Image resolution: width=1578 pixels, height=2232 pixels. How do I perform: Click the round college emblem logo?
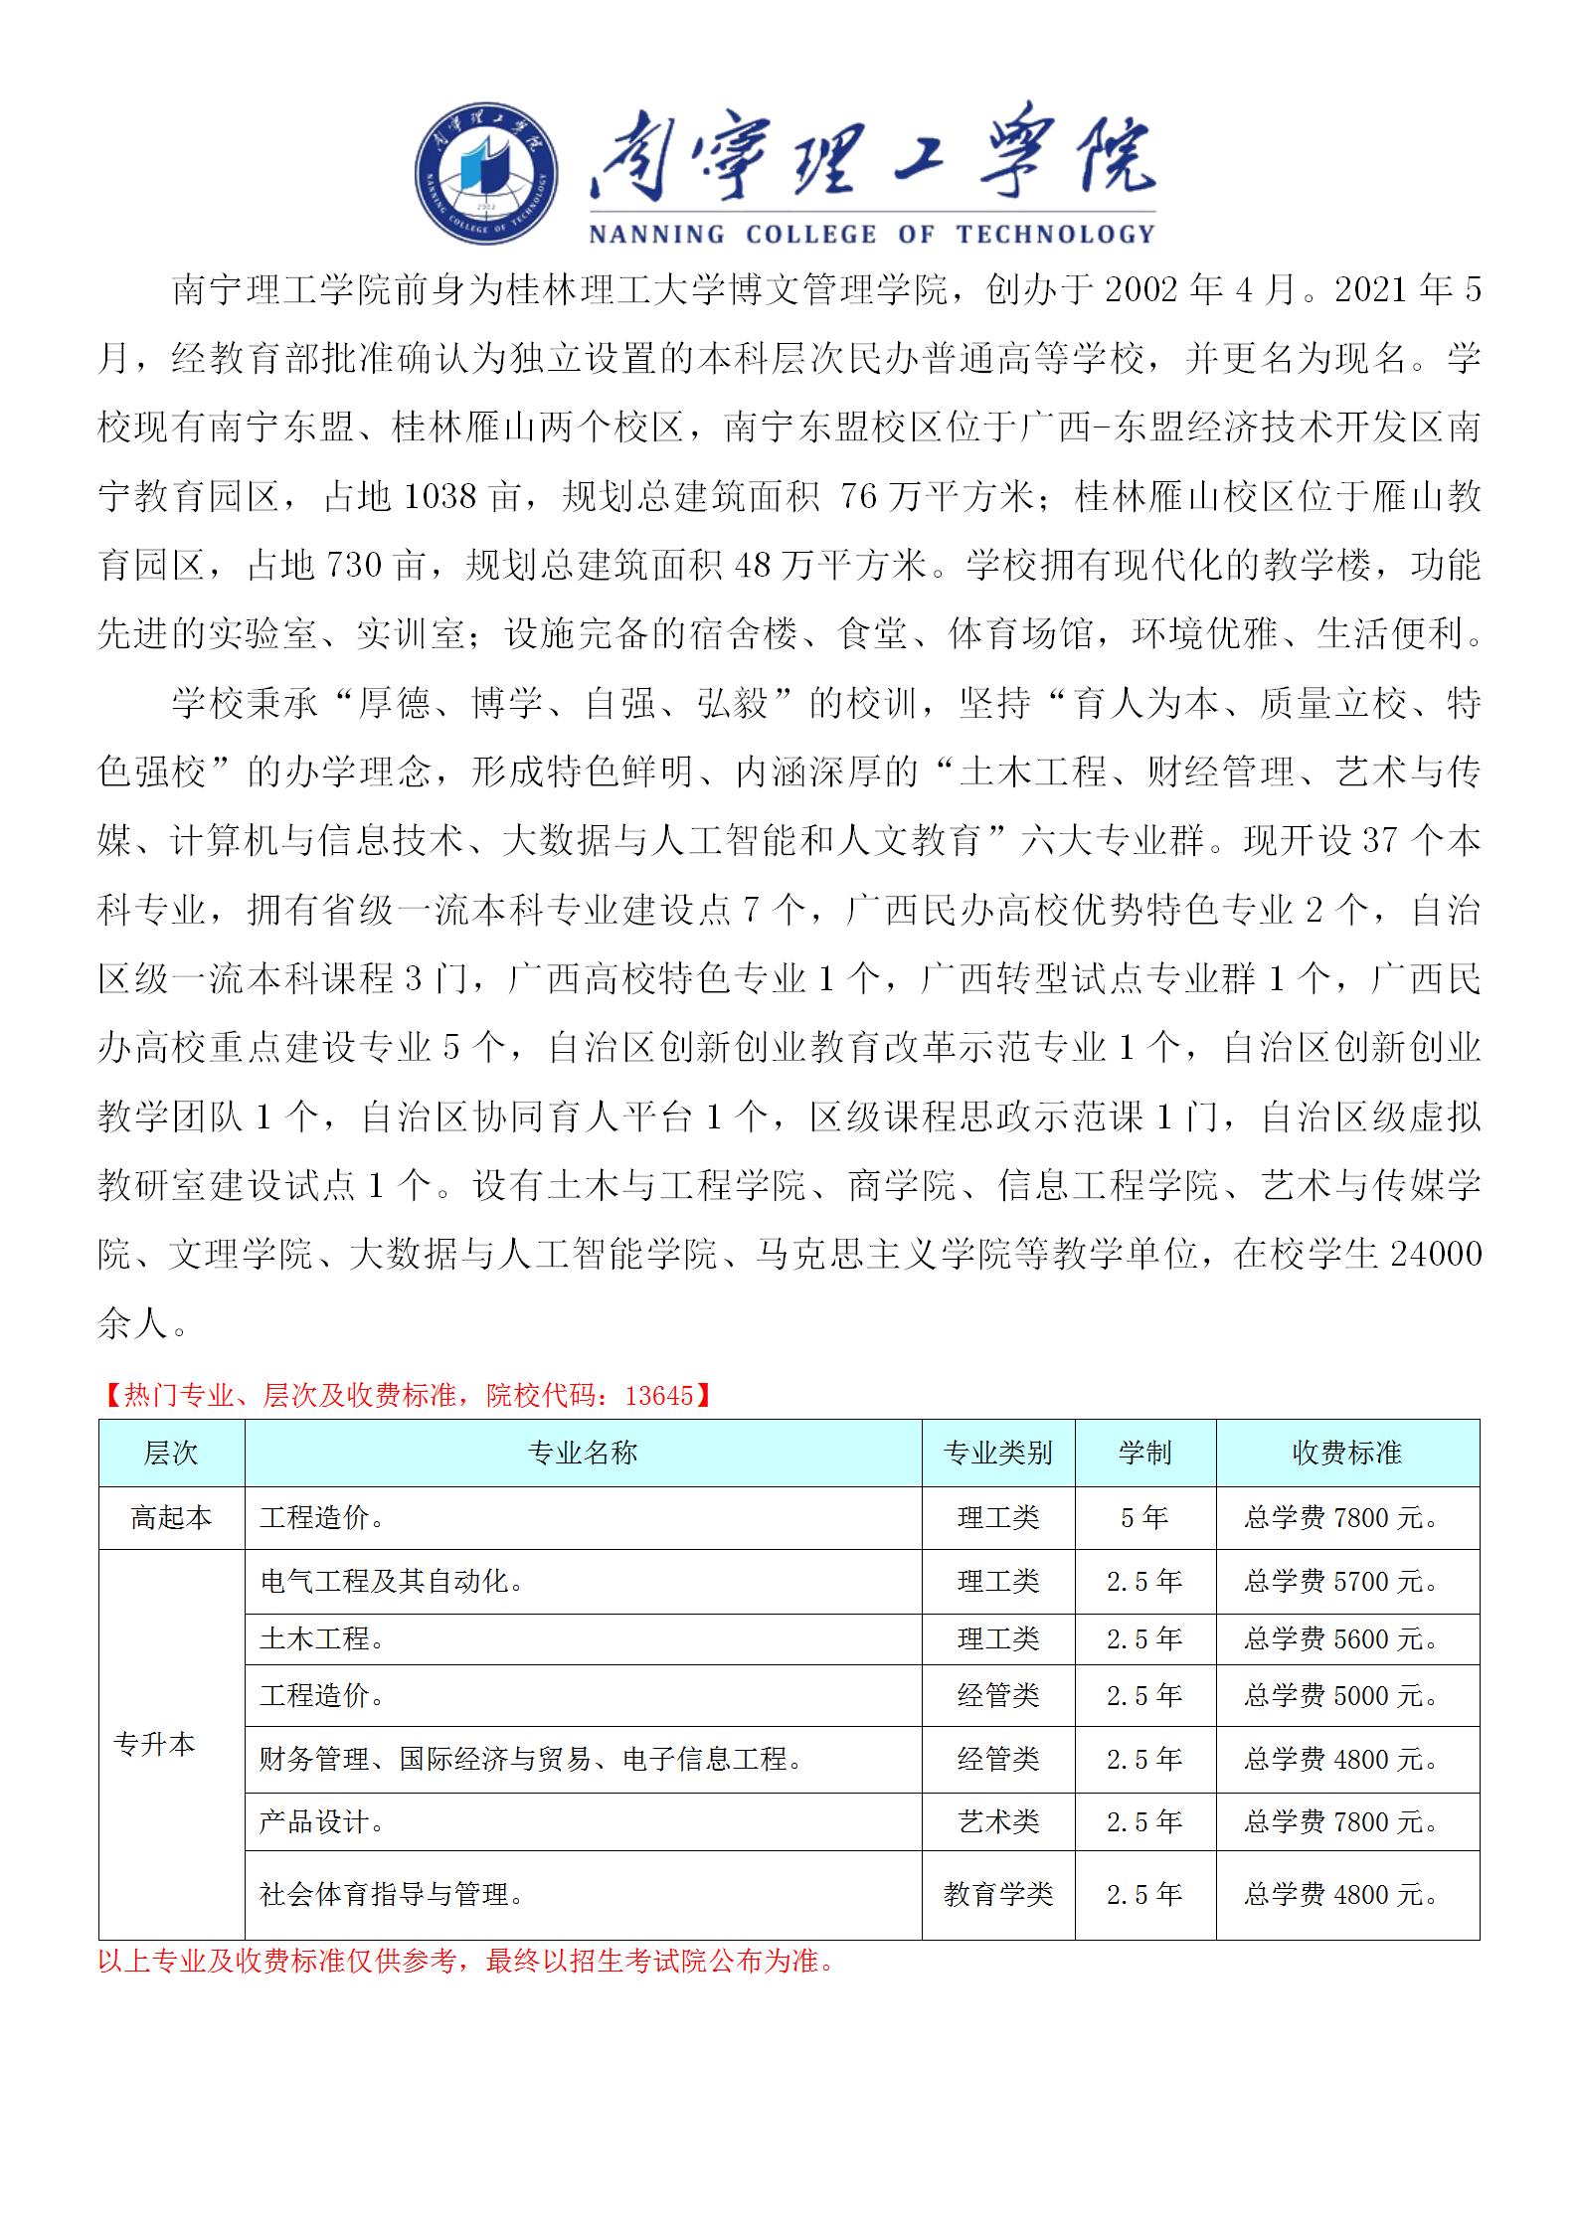click(x=485, y=175)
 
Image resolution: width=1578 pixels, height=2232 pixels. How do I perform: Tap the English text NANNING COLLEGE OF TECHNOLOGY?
click(x=871, y=235)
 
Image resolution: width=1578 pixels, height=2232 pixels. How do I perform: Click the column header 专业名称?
click(x=583, y=1454)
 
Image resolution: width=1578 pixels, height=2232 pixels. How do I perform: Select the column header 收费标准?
click(x=1347, y=1454)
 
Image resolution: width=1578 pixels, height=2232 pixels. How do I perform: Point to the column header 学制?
click(x=1144, y=1454)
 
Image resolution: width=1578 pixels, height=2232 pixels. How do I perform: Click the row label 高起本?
click(x=171, y=1518)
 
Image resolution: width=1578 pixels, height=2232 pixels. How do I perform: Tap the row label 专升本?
click(x=155, y=1745)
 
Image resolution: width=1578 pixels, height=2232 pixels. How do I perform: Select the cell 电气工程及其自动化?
click(x=392, y=1581)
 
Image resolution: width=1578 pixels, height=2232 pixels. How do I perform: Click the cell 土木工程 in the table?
click(x=322, y=1638)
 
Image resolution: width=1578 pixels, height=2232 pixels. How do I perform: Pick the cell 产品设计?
click(x=322, y=1822)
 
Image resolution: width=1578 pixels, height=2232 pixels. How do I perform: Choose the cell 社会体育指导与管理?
click(x=392, y=1894)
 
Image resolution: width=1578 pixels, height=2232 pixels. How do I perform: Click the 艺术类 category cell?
click(x=997, y=1822)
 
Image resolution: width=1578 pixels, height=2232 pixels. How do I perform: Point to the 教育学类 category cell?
click(x=997, y=1894)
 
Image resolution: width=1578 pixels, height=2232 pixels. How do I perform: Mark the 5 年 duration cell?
click(x=1144, y=1518)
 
